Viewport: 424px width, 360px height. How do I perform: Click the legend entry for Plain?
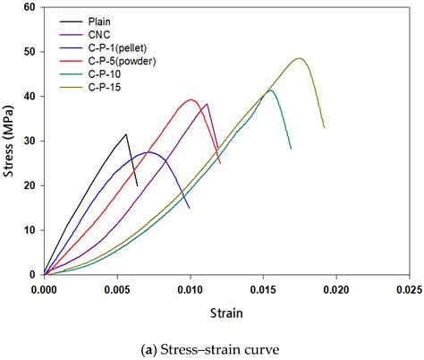(x=101, y=20)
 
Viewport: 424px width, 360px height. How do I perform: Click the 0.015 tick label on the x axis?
(x=263, y=290)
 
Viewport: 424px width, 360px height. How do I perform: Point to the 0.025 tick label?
(x=409, y=290)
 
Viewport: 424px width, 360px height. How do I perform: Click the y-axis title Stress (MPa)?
(x=10, y=141)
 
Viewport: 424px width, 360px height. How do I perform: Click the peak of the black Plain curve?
(x=126, y=134)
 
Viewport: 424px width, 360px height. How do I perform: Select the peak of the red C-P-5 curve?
(x=190, y=99)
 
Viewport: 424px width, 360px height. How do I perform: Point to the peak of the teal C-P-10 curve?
(x=270, y=90)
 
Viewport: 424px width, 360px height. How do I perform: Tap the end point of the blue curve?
(x=189, y=208)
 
